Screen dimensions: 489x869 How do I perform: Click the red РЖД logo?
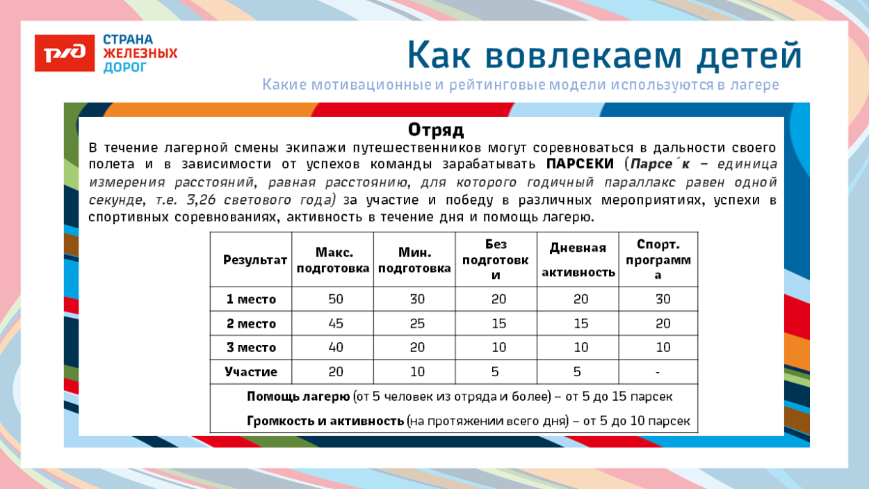pyautogui.click(x=64, y=53)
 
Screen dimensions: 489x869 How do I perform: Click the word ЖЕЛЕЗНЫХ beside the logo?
pyautogui.click(x=140, y=54)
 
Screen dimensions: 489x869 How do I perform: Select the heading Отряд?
pyautogui.click(x=435, y=130)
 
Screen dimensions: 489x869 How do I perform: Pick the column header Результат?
pyautogui.click(x=254, y=259)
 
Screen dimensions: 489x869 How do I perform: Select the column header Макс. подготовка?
pyautogui.click(x=332, y=260)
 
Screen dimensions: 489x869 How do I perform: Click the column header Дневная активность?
pyautogui.click(x=578, y=259)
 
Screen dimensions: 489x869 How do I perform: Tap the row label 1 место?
pyautogui.click(x=251, y=300)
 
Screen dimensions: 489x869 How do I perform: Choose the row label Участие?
pyautogui.click(x=251, y=372)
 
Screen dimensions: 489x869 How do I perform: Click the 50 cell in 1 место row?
pyautogui.click(x=336, y=299)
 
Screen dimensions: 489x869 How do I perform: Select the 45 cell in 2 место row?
pyautogui.click(x=336, y=323)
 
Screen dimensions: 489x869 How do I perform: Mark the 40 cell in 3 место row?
pyautogui.click(x=336, y=348)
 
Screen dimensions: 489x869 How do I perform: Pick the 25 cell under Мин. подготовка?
pyautogui.click(x=417, y=323)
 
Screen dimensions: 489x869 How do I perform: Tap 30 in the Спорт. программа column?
pyautogui.click(x=663, y=299)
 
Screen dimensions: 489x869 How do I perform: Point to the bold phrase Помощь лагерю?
pyautogui.click(x=298, y=396)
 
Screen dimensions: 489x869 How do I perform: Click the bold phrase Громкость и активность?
pyautogui.click(x=325, y=422)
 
